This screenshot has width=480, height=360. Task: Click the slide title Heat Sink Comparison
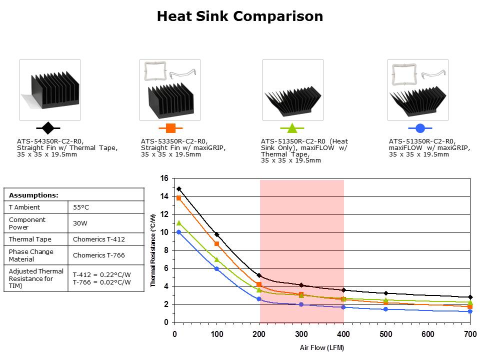(240, 16)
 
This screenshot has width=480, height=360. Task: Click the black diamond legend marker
(48, 128)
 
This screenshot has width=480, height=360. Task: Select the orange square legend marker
(170, 128)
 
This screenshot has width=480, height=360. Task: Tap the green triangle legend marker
(292, 128)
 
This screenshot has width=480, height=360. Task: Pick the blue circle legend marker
(420, 128)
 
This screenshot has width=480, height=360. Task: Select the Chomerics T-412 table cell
(98, 239)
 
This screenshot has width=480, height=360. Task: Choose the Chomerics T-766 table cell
(98, 255)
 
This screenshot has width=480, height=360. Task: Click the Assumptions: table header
(34, 195)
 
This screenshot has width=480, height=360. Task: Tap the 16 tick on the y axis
(163, 178)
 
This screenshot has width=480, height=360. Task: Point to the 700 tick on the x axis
(469, 334)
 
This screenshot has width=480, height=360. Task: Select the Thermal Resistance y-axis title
(153, 250)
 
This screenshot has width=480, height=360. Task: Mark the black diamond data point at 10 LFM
(178, 189)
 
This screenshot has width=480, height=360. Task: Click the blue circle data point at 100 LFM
(216, 268)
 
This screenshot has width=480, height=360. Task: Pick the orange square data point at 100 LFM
(216, 243)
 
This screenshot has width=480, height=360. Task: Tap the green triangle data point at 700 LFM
(470, 302)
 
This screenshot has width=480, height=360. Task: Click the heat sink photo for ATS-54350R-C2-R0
(50, 89)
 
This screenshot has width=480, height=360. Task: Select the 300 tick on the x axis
(301, 334)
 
